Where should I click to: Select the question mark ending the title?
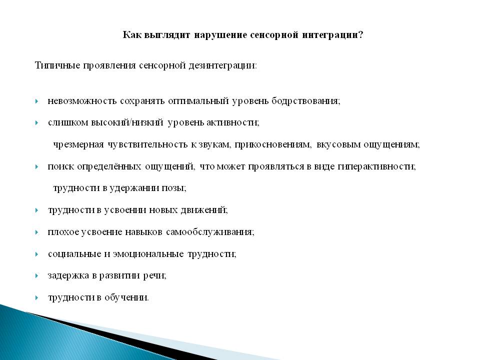coord(360,34)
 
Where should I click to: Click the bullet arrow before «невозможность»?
coord(36,101)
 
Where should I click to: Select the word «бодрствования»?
coord(306,101)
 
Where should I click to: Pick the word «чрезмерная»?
coord(78,144)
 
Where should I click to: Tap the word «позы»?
coord(175,188)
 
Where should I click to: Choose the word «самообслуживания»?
coord(210,231)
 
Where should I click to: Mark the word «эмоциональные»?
coord(148,254)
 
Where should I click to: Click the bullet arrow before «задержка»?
coord(36,276)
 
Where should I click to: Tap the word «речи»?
coord(155,276)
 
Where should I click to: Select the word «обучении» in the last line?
coord(126,297)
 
